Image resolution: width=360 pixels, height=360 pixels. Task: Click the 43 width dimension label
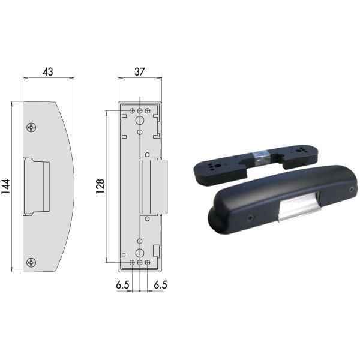(48, 71)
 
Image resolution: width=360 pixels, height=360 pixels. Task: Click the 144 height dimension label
(5, 186)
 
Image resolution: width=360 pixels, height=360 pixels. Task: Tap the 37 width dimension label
(139, 71)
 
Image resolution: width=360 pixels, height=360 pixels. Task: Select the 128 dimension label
(100, 186)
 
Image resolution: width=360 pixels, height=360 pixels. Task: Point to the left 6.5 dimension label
(122, 285)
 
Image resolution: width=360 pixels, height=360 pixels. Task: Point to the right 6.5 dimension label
(160, 285)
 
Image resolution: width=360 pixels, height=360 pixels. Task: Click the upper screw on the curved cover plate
(31, 127)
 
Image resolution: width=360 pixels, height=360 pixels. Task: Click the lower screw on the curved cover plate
(31, 262)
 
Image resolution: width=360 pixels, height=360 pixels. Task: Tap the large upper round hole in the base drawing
(140, 120)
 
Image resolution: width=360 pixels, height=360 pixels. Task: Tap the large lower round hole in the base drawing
(140, 253)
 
